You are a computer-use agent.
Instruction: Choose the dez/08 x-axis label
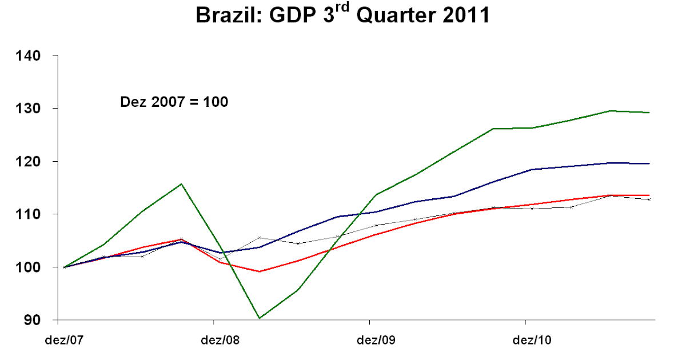(220, 341)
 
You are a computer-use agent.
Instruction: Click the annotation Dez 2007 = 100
(174, 102)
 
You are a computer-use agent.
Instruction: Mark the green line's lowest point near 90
(259, 318)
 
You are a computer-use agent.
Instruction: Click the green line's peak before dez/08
(181, 184)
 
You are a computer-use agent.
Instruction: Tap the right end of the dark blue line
(649, 163)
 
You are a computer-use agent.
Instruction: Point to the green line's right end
(649, 113)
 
